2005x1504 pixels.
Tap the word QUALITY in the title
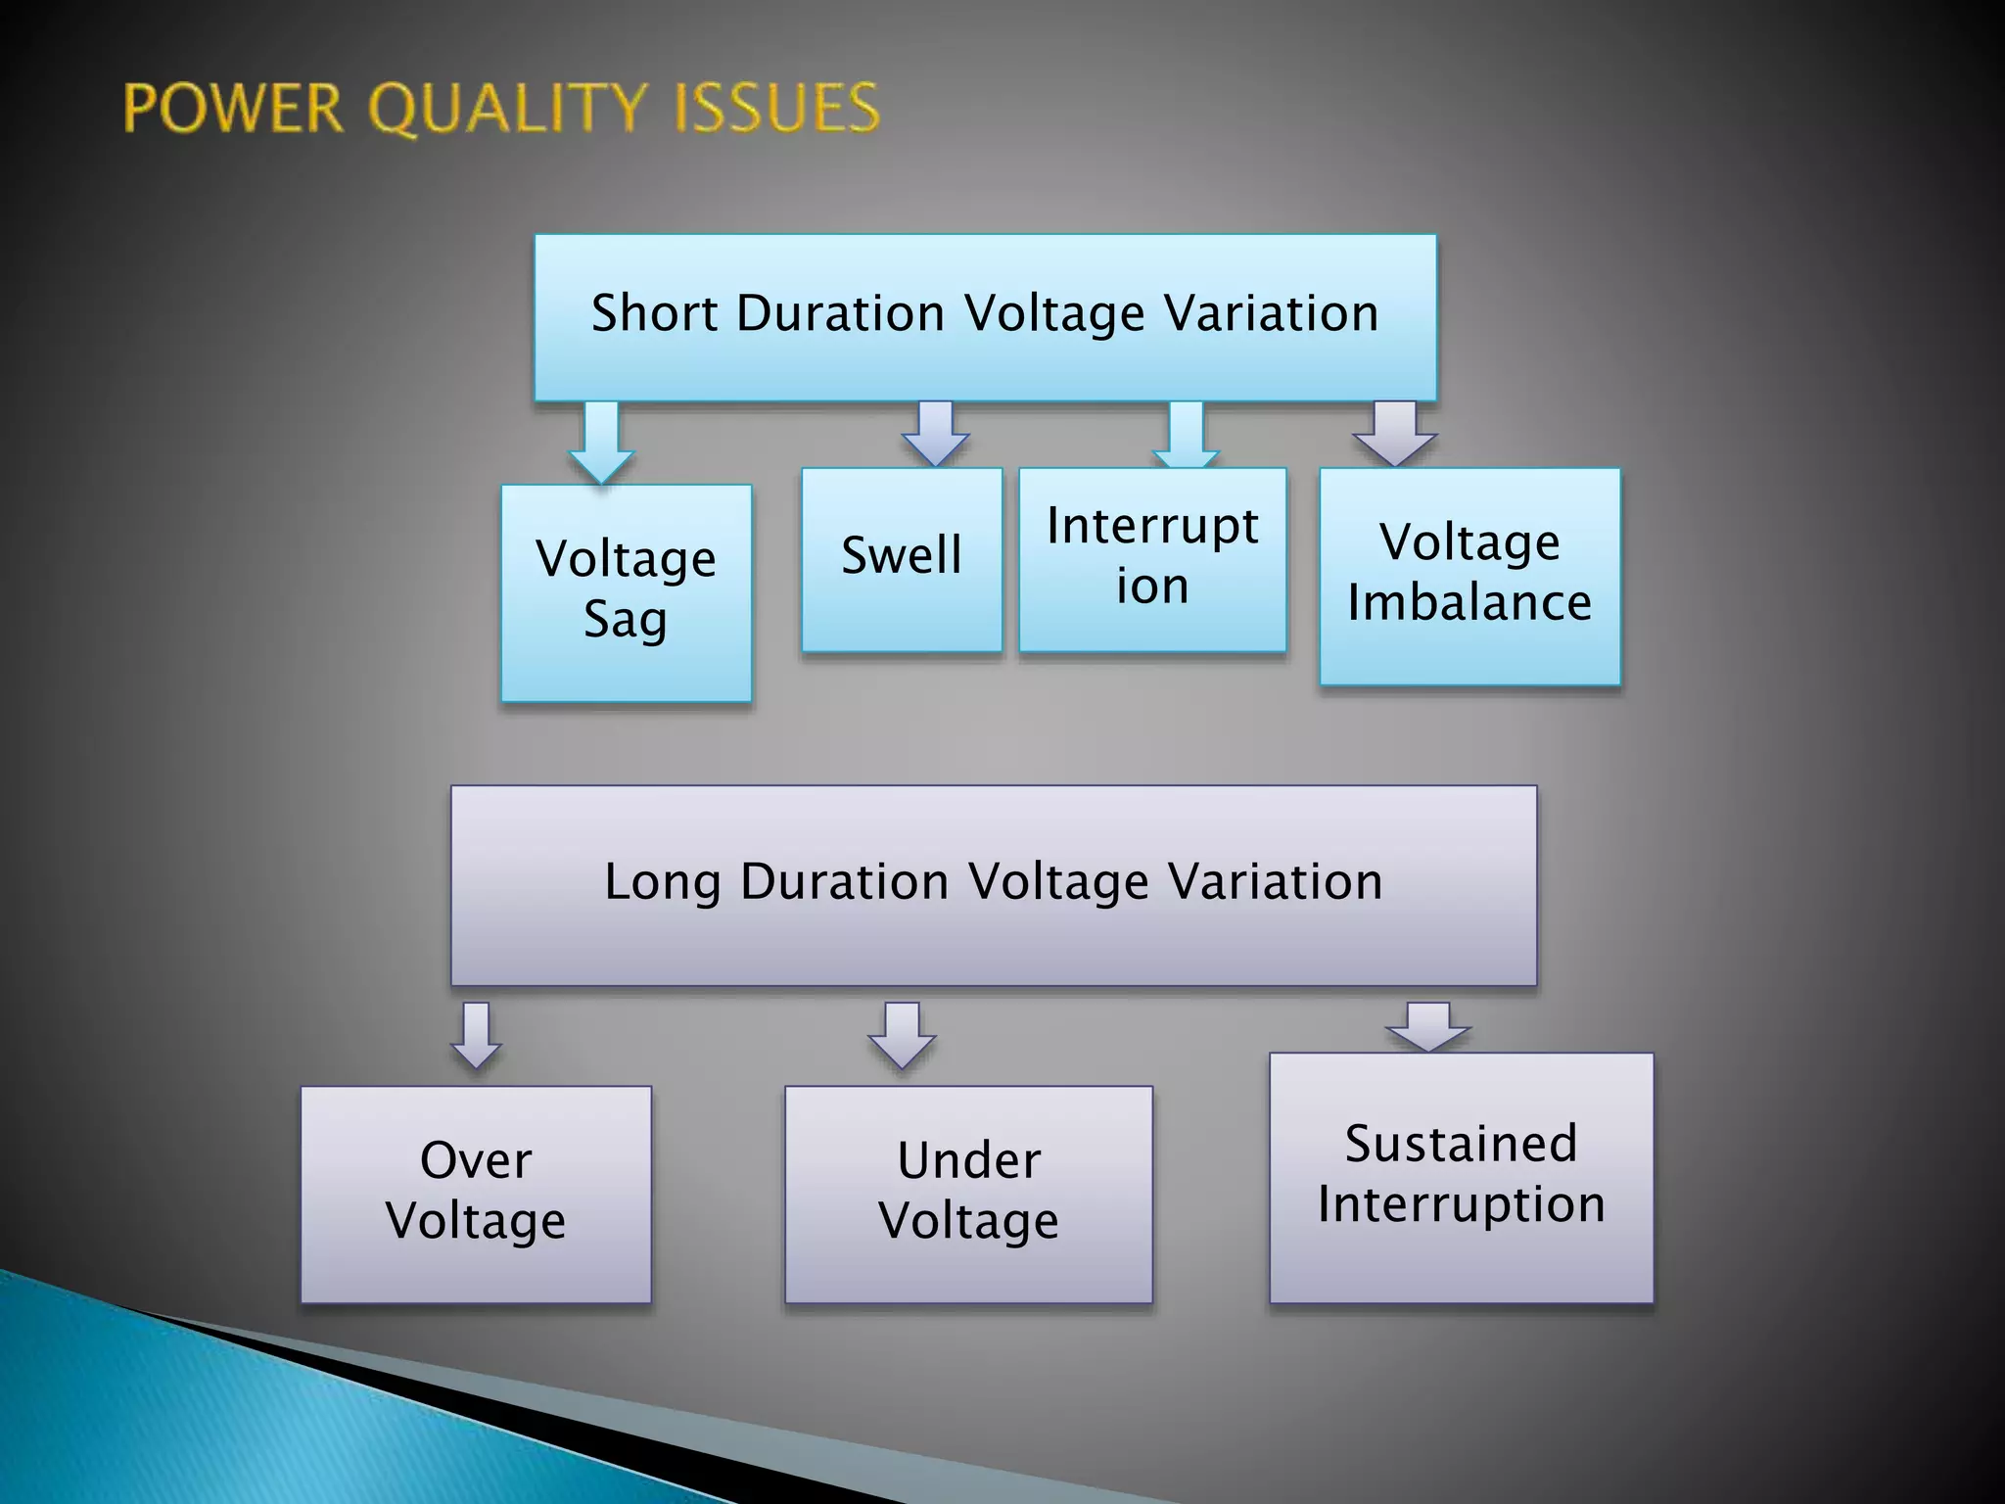[509, 108]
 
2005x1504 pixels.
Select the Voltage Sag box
[627, 592]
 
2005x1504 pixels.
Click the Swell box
[902, 559]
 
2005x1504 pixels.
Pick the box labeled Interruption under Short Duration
[1152, 559]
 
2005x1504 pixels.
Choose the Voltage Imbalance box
[1469, 576]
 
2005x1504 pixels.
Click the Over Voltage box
[476, 1194]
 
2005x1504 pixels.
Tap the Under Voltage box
[968, 1194]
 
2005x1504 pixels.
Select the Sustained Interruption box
[1461, 1177]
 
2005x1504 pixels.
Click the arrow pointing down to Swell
[936, 434]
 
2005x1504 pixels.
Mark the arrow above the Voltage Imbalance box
[1395, 434]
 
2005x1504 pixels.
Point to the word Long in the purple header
[662, 881]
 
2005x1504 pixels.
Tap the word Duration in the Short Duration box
[840, 314]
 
